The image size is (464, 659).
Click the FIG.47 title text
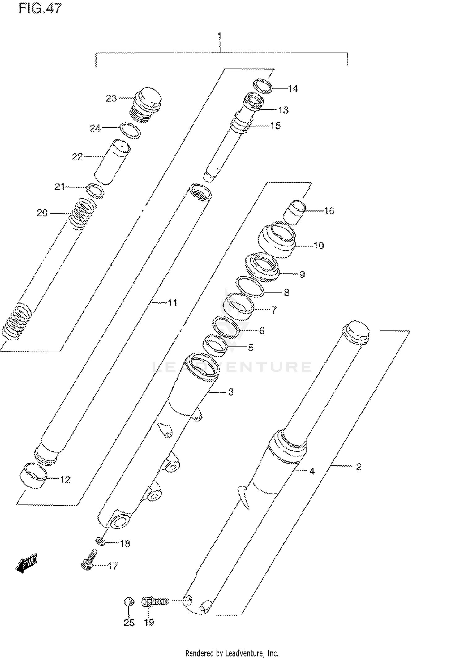40,8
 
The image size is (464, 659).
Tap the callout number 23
111,98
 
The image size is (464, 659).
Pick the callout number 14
293,89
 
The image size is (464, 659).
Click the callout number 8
286,293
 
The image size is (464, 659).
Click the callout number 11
172,303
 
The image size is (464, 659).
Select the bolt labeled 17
89,560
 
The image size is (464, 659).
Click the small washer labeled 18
99,541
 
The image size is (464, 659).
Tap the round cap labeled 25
129,601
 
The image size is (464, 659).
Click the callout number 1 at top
220,36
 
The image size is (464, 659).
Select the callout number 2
358,467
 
